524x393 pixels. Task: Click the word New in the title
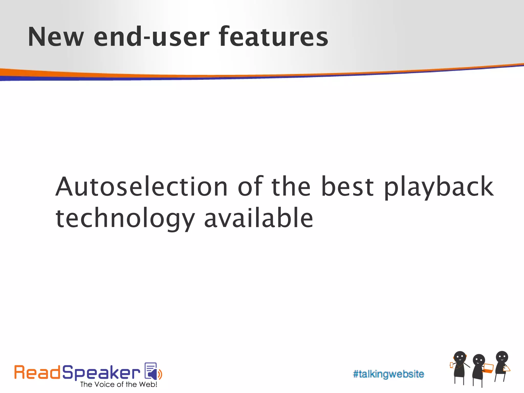tap(56, 37)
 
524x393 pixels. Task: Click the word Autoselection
tap(141, 187)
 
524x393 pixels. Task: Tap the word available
tap(258, 218)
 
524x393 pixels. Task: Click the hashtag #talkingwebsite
tap(388, 374)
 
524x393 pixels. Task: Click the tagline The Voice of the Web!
tap(118, 384)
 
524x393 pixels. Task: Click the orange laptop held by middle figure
tap(488, 368)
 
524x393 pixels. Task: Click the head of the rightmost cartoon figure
tap(502, 357)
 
